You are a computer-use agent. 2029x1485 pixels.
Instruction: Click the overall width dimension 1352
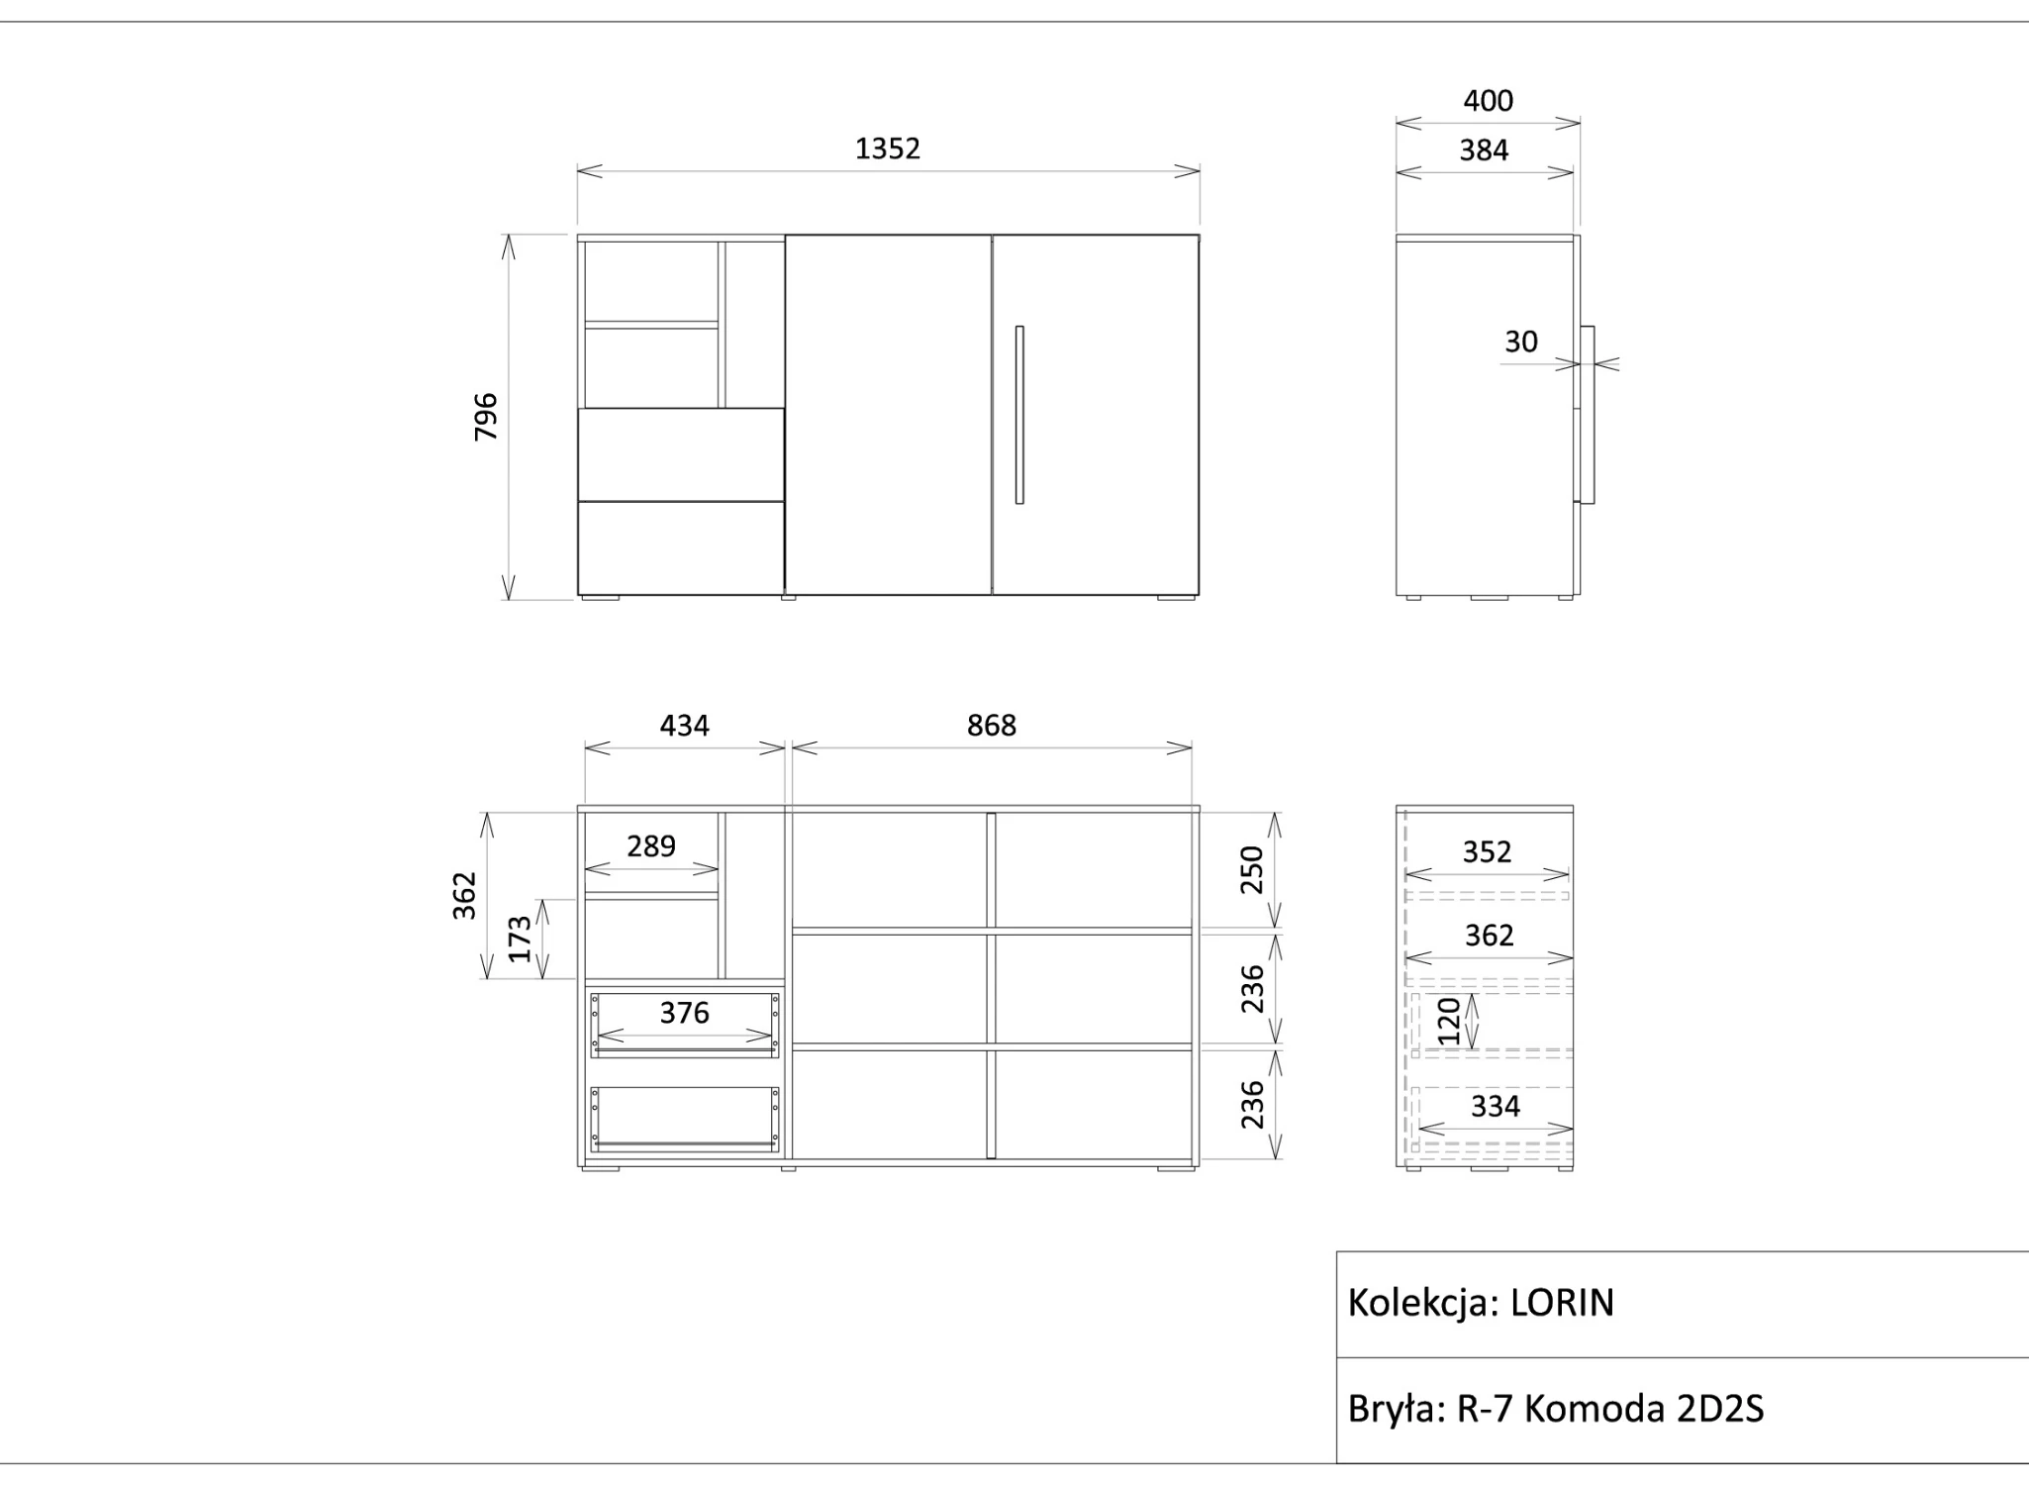(x=888, y=148)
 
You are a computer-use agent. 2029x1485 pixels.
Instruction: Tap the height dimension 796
(x=486, y=417)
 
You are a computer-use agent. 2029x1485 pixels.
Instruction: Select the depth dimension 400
(x=1488, y=101)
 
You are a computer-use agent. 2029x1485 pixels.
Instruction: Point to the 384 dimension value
(x=1484, y=150)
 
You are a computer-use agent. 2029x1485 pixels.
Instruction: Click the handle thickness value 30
(x=1521, y=342)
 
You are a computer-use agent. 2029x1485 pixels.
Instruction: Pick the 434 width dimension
(x=684, y=726)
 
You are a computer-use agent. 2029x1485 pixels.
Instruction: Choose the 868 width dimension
(x=991, y=726)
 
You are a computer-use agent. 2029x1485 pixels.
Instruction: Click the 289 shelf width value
(x=651, y=846)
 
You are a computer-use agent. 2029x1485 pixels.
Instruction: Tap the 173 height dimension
(x=520, y=939)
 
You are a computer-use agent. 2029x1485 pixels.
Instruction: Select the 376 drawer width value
(x=684, y=1013)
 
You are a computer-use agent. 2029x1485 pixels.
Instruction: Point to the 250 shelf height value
(x=1252, y=869)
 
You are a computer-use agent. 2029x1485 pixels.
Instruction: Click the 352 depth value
(x=1487, y=852)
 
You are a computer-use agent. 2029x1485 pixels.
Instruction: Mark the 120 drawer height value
(x=1448, y=1022)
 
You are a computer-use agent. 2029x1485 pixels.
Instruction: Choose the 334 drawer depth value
(x=1495, y=1106)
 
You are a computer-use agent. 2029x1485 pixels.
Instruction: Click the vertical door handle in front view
(x=1019, y=415)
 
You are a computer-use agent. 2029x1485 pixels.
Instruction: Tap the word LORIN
(x=1562, y=1303)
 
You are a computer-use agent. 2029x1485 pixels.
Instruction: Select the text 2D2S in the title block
(x=1719, y=1409)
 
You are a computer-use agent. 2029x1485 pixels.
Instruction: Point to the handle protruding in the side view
(x=1588, y=415)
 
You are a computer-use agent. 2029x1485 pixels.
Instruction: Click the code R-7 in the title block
(x=1485, y=1409)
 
